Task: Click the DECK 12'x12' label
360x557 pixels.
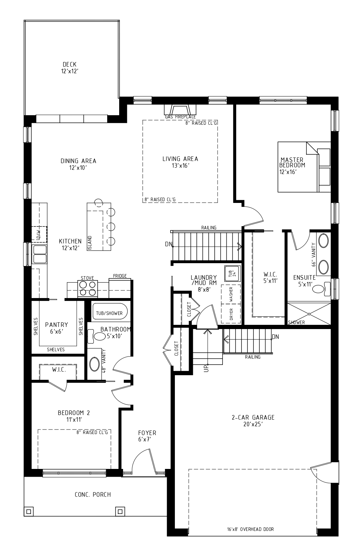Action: tap(69, 68)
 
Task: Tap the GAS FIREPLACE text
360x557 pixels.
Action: tap(180, 117)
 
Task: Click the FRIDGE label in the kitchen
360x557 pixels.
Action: tap(120, 276)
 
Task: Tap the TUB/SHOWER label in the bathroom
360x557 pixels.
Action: tap(109, 313)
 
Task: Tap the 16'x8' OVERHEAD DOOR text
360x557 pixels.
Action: tap(250, 529)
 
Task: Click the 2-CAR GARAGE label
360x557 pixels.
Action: tap(253, 421)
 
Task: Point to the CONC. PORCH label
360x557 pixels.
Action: tap(93, 495)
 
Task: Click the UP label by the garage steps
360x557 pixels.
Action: tap(206, 368)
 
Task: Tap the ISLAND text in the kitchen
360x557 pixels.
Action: tap(90, 243)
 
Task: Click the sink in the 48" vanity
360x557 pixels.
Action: tap(94, 364)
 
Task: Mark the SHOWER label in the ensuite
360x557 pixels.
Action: tap(296, 322)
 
